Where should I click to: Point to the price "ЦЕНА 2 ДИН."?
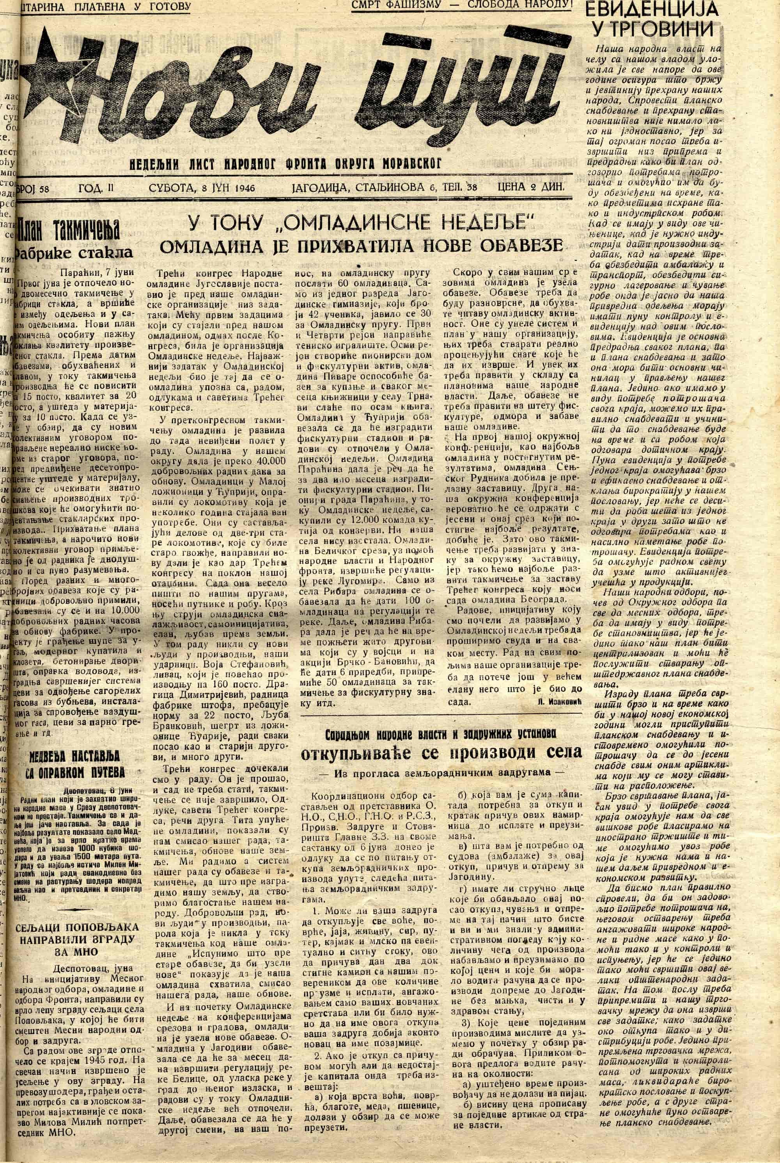[531, 187]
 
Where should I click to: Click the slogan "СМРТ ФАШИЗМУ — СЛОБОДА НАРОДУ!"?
[462, 5]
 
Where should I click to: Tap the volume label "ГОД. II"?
[96, 187]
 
